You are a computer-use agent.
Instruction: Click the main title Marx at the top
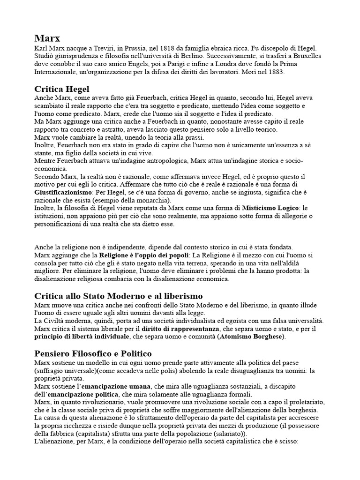[47, 38]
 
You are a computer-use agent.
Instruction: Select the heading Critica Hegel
[62, 89]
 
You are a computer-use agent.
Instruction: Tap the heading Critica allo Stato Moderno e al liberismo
[119, 296]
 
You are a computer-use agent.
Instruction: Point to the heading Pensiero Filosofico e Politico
[93, 353]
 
